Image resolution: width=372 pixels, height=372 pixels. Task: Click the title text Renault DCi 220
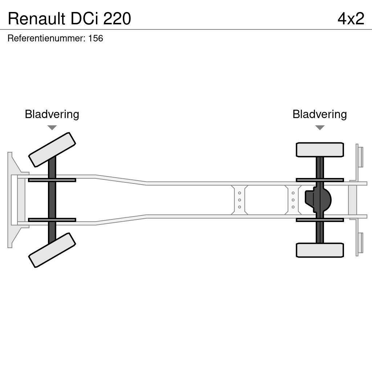click(x=69, y=19)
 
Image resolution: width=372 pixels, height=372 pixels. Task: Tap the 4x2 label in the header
click(x=351, y=19)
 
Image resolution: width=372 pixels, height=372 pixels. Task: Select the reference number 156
click(x=96, y=38)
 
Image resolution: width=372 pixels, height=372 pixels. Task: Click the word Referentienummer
click(x=46, y=38)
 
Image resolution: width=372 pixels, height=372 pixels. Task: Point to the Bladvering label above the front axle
click(x=52, y=114)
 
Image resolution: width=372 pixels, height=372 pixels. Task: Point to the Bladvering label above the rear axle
click(x=319, y=114)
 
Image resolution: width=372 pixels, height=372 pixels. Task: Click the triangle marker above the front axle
click(x=52, y=128)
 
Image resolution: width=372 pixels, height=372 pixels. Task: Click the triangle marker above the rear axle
click(x=320, y=128)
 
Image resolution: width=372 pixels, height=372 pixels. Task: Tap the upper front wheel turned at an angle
click(x=52, y=149)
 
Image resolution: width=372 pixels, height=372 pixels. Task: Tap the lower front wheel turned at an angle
click(x=52, y=250)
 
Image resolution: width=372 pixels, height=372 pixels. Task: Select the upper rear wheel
click(x=320, y=150)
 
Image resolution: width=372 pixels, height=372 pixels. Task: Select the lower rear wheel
click(x=320, y=250)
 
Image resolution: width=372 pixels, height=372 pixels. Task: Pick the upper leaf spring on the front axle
click(x=52, y=180)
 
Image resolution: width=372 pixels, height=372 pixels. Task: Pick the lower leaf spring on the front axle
click(x=52, y=220)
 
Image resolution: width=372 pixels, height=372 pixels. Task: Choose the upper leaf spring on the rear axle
click(x=320, y=180)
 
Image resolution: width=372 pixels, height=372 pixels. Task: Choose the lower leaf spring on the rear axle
click(x=320, y=220)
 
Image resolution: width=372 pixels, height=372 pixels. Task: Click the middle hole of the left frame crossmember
click(x=239, y=200)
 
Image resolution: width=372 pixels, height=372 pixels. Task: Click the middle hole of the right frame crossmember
click(x=293, y=200)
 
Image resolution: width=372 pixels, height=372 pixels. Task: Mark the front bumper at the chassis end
click(x=11, y=200)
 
